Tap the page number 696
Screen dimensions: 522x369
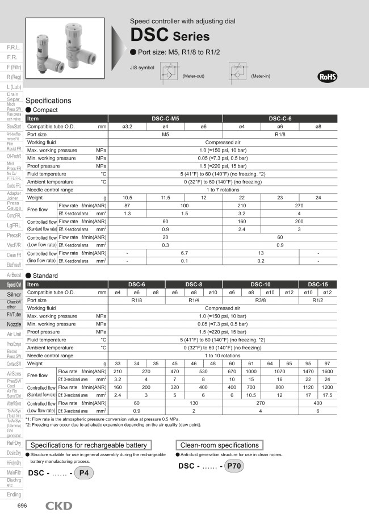tap(22, 506)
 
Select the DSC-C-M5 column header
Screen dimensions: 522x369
tap(166, 118)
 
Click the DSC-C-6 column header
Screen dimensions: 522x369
tap(280, 118)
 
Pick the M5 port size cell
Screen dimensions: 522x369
tap(166, 135)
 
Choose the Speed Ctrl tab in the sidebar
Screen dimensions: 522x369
tap(14, 285)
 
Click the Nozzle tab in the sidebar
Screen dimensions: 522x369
tap(14, 324)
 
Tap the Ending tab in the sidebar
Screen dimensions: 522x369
tap(14, 494)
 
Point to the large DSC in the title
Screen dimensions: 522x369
tap(149, 36)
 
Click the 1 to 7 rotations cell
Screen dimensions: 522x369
tap(223, 189)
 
